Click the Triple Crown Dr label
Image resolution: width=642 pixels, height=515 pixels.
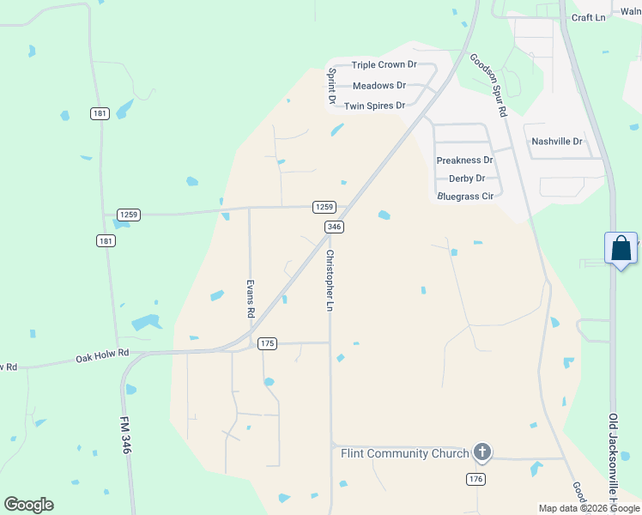tap(384, 65)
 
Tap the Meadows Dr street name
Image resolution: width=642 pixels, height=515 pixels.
tap(379, 86)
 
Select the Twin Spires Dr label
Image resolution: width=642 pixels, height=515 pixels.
tap(374, 106)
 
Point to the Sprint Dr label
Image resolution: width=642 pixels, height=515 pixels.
tap(331, 87)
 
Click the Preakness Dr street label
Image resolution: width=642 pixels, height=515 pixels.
tap(464, 161)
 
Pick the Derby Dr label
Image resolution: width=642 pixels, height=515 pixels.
tap(467, 179)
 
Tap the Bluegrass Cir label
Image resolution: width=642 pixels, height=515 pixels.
tap(465, 197)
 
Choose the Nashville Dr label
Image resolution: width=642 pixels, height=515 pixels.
tap(557, 142)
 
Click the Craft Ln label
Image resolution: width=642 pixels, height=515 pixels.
tap(589, 17)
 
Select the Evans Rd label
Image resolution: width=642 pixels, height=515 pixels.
tap(251, 299)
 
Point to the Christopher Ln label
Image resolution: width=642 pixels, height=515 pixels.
tap(330, 281)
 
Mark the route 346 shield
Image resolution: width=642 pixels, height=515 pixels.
tap(335, 227)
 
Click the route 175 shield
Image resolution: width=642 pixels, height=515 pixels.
tap(267, 343)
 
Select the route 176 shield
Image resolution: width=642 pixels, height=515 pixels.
tap(476, 479)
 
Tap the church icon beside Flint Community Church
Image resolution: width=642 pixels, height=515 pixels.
tap(482, 452)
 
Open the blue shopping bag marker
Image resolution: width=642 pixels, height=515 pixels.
tap(621, 249)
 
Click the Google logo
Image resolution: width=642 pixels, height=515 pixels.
tap(28, 505)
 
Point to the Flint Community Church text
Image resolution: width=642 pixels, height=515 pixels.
tap(404, 453)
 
